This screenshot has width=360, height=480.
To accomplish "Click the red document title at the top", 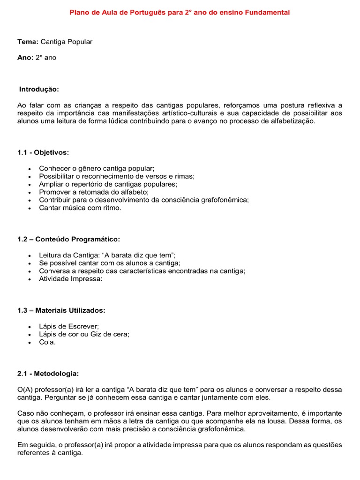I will coord(180,13).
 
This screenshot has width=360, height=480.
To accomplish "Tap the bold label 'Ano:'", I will coord(25,58).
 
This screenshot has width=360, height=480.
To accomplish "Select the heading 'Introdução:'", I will coord(39,89).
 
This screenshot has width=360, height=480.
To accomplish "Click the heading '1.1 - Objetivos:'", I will coord(43,152).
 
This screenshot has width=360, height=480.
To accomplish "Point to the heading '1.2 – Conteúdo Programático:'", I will coord(68,239).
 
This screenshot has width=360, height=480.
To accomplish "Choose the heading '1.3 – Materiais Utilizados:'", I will coord(61,310).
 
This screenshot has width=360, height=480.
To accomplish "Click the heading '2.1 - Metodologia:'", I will coord(48,374).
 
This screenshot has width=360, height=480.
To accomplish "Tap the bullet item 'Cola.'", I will coord(47,342).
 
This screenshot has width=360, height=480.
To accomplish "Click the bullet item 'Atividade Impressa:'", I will coord(70,278).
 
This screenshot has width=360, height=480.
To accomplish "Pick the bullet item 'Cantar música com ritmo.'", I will coord(80,208).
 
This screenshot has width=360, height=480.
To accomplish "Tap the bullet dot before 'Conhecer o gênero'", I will coord(30,168).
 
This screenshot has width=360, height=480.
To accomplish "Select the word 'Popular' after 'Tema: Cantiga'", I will coord(80,42).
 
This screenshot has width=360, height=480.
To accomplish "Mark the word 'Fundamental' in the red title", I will coord(268,13).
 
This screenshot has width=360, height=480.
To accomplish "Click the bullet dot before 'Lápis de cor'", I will coord(30,335).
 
